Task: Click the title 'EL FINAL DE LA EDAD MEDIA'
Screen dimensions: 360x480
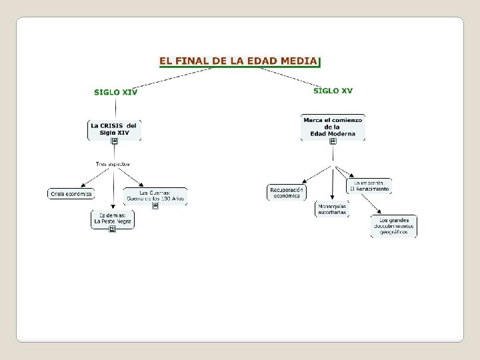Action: coord(238,61)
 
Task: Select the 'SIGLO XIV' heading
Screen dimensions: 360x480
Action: coord(115,92)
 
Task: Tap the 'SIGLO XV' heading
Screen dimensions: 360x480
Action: coord(333,91)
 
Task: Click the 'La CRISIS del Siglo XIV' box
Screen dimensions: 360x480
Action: coord(114,129)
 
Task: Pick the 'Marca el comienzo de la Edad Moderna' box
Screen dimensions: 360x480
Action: coord(333,127)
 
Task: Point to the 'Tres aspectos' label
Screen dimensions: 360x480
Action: coord(113,163)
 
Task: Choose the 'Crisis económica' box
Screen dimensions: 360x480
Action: coord(71,194)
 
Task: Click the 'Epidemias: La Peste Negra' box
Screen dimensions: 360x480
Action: coord(113,219)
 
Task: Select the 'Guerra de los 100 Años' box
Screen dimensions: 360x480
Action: coord(155,195)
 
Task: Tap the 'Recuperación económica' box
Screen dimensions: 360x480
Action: coord(287,192)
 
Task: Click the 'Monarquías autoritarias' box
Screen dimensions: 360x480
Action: coord(332,209)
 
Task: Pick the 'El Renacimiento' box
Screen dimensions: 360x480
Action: coord(369,186)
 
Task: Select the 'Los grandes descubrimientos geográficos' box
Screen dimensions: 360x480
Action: coord(393,226)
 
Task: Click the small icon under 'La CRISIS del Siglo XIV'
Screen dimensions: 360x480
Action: coord(115,141)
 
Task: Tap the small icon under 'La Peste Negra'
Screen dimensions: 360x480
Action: coord(113,229)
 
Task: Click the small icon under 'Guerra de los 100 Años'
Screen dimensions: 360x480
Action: coord(155,205)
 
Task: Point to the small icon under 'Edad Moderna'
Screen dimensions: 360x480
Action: coord(333,141)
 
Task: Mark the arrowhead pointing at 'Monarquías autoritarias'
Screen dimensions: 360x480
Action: coord(332,198)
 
